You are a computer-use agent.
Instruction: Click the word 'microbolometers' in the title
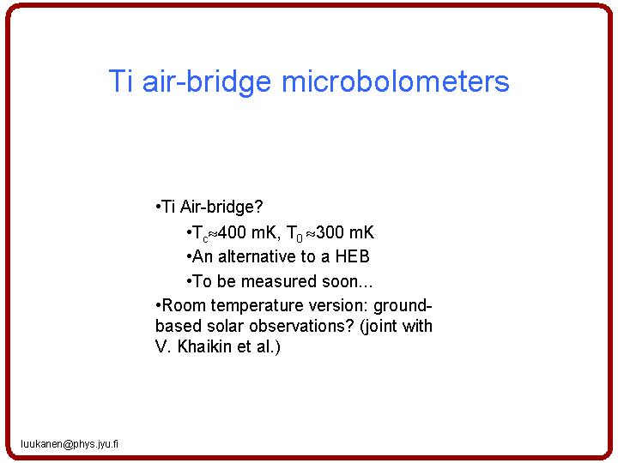tap(396, 81)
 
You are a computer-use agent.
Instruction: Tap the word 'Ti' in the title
tap(120, 81)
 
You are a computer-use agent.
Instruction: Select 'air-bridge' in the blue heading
tap(206, 83)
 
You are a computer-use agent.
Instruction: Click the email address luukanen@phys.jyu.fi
tap(70, 444)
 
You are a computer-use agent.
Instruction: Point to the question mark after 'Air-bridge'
tap(258, 207)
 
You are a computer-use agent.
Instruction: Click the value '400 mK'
tap(247, 232)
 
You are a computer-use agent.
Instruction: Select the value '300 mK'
tap(344, 232)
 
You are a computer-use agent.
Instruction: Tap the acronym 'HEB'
tap(352, 256)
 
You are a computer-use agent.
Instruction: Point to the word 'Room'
tap(185, 305)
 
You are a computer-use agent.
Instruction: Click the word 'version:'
tap(338, 305)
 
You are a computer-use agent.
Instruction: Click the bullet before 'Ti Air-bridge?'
tap(159, 207)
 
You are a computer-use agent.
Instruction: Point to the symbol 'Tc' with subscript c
tap(200, 233)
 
